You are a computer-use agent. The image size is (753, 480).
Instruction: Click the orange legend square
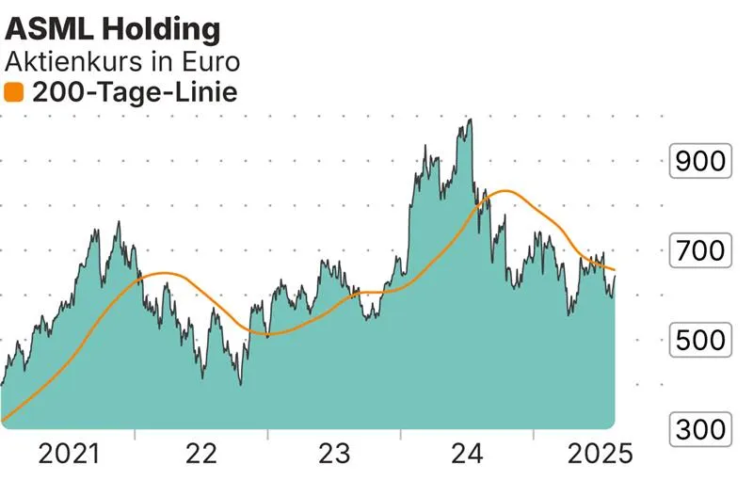[14, 92]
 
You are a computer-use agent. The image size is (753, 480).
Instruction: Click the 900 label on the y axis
[697, 162]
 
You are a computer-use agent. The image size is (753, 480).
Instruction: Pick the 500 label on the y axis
[697, 340]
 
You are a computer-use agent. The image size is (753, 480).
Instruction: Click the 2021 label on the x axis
[69, 456]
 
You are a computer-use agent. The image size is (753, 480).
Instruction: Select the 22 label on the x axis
[201, 456]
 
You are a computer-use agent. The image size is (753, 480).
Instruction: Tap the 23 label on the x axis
[334, 456]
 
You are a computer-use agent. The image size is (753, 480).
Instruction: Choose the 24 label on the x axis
[467, 456]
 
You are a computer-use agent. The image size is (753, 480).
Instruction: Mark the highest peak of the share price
[469, 120]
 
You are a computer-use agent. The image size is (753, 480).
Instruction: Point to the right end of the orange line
[616, 270]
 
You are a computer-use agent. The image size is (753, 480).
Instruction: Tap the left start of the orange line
[3, 420]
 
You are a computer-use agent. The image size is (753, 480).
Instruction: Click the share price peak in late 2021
[118, 222]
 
